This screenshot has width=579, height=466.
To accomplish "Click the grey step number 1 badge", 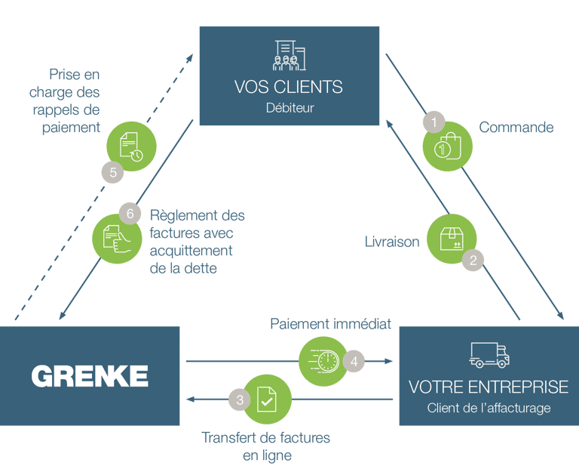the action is (434, 122).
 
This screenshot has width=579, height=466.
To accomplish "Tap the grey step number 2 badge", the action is (473, 260).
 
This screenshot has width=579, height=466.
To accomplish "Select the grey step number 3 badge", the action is (240, 400).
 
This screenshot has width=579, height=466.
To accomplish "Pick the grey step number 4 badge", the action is (354, 361).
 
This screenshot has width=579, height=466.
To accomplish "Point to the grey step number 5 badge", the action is (113, 172).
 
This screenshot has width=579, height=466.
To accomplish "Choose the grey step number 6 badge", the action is (130, 214).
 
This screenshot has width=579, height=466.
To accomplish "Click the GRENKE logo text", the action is (90, 376).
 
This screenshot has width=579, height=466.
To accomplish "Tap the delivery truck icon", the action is (489, 355).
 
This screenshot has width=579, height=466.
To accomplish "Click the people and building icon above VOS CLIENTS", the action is (289, 55).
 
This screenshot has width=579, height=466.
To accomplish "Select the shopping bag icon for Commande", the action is (448, 146).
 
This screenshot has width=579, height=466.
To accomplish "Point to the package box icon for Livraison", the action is (452, 239).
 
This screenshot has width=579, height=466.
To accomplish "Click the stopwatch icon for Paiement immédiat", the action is (324, 361).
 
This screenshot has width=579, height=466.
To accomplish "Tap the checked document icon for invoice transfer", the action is (267, 399).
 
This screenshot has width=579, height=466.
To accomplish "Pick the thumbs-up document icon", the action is (117, 239).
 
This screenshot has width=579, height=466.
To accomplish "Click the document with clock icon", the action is (131, 147).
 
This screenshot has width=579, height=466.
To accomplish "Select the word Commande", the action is (516, 127).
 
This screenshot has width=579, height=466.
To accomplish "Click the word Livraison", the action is (392, 242).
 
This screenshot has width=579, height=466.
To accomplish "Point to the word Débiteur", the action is (289, 107).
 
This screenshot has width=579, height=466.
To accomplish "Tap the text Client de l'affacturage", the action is (489, 408).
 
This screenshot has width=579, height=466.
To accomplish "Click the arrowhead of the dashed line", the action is (190, 58).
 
